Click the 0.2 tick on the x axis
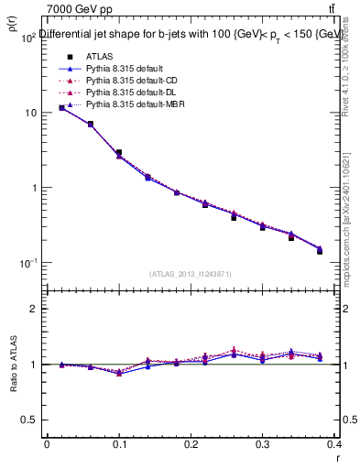[191, 446]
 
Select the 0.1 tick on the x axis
[118, 446]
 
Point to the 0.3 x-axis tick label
[263, 446]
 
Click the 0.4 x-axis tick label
[333, 446]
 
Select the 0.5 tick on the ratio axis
[28, 420]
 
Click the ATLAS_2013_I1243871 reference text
[191, 274]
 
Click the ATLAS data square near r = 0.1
[119, 152]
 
